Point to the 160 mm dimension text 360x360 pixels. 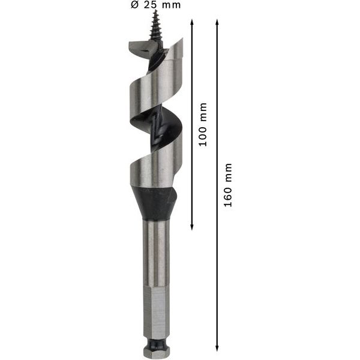click(x=227, y=185)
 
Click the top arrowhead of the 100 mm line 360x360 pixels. click(x=192, y=21)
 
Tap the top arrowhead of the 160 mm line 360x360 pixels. click(x=217, y=21)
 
